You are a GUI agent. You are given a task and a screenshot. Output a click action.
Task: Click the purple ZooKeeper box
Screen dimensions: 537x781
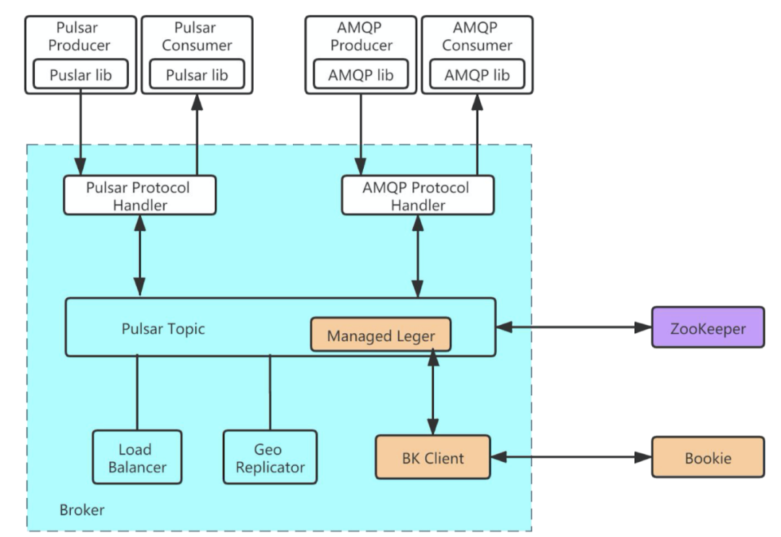click(707, 327)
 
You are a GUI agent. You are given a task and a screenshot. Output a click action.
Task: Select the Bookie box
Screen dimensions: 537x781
click(707, 457)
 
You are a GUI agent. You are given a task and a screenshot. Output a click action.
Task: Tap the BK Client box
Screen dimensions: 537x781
click(432, 457)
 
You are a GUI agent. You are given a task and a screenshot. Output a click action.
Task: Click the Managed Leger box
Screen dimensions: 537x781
click(380, 335)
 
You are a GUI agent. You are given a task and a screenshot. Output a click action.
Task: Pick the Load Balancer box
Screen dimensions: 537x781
click(136, 457)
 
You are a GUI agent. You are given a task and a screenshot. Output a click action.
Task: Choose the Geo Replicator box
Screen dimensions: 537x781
click(270, 457)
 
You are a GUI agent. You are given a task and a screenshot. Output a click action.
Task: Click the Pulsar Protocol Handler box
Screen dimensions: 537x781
click(139, 196)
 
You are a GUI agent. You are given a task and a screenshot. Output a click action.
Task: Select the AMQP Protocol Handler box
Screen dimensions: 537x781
click(417, 196)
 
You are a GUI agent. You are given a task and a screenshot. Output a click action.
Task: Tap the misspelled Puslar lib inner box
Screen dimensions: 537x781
click(80, 74)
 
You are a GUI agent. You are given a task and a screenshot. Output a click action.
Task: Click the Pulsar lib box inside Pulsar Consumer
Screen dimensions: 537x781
click(197, 74)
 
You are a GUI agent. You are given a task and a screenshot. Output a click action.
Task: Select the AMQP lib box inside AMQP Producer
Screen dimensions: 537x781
click(360, 74)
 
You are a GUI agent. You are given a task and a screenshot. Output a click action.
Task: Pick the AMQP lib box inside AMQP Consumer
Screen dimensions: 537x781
click(477, 74)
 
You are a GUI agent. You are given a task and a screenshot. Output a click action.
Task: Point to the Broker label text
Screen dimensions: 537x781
click(82, 510)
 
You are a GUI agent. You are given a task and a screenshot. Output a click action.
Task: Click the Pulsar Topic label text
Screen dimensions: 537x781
click(163, 329)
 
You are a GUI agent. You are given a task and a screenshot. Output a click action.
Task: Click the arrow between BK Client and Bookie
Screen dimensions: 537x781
click(571, 457)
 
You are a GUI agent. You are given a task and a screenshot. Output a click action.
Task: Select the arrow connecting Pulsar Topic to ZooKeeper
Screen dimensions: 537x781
click(573, 327)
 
